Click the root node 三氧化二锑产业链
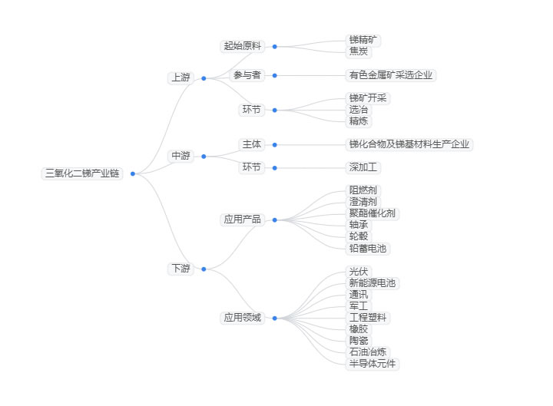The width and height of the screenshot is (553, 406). click(81, 173)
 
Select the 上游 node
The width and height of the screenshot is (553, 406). click(180, 78)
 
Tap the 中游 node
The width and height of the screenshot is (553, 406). click(180, 156)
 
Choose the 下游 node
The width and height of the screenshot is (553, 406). click(180, 269)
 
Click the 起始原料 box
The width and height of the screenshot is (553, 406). click(242, 46)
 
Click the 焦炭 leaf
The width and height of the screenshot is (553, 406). click(359, 51)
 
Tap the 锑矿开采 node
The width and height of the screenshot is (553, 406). click(369, 98)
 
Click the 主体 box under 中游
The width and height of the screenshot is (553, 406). click(251, 144)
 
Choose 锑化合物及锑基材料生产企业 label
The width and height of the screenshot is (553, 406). click(409, 144)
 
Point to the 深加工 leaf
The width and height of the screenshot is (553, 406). click(364, 167)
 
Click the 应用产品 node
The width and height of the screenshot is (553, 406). click(242, 220)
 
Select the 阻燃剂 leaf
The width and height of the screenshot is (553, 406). click(363, 190)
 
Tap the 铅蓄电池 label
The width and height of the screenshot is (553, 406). click(369, 248)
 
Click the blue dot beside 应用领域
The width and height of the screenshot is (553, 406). click(274, 318)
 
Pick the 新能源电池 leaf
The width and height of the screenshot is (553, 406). click(373, 283)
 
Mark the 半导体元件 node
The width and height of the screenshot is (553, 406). click(373, 363)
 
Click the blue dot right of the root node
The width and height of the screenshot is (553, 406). click(133, 173)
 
